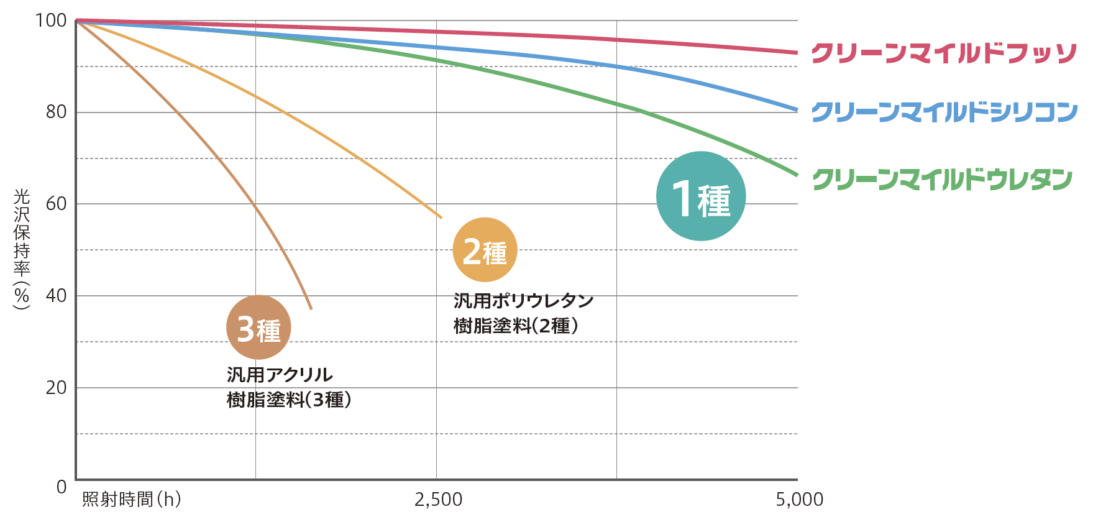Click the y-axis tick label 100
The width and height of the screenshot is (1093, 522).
[x=51, y=21]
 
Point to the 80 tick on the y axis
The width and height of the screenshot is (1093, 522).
[x=56, y=112]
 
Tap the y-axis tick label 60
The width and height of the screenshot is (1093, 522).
[x=56, y=203]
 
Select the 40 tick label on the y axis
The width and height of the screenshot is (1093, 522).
[x=56, y=295]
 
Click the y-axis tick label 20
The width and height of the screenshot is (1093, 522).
[x=56, y=387]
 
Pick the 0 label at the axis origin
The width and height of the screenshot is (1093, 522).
[x=61, y=487]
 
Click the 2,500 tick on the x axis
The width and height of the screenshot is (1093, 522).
[x=438, y=499]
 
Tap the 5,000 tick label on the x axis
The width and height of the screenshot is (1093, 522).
[x=799, y=499]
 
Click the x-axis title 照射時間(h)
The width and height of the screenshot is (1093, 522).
[x=132, y=499]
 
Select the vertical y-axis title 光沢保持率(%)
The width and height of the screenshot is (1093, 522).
[x=22, y=249]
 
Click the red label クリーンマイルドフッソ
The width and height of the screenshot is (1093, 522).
[x=943, y=53]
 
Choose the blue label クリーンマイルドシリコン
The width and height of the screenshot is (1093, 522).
[x=944, y=112]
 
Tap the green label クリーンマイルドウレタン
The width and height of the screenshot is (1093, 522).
[x=942, y=180]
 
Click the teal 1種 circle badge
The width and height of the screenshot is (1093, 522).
[x=701, y=196]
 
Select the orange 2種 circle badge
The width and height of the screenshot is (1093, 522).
[x=485, y=250]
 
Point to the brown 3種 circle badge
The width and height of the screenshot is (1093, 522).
[x=258, y=327]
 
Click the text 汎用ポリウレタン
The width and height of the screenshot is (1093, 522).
[x=523, y=301]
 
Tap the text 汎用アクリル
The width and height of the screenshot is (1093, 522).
[x=280, y=375]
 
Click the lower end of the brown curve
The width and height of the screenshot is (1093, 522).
[x=311, y=308]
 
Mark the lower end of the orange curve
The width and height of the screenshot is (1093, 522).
[x=441, y=217]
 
